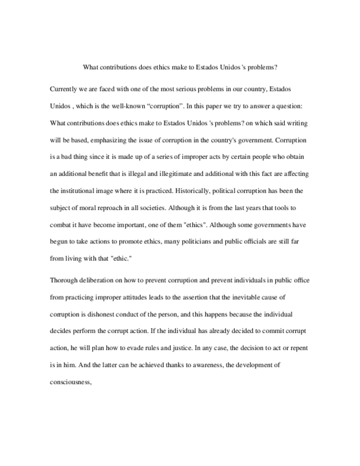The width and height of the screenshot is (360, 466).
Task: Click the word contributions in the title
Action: click(117, 68)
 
